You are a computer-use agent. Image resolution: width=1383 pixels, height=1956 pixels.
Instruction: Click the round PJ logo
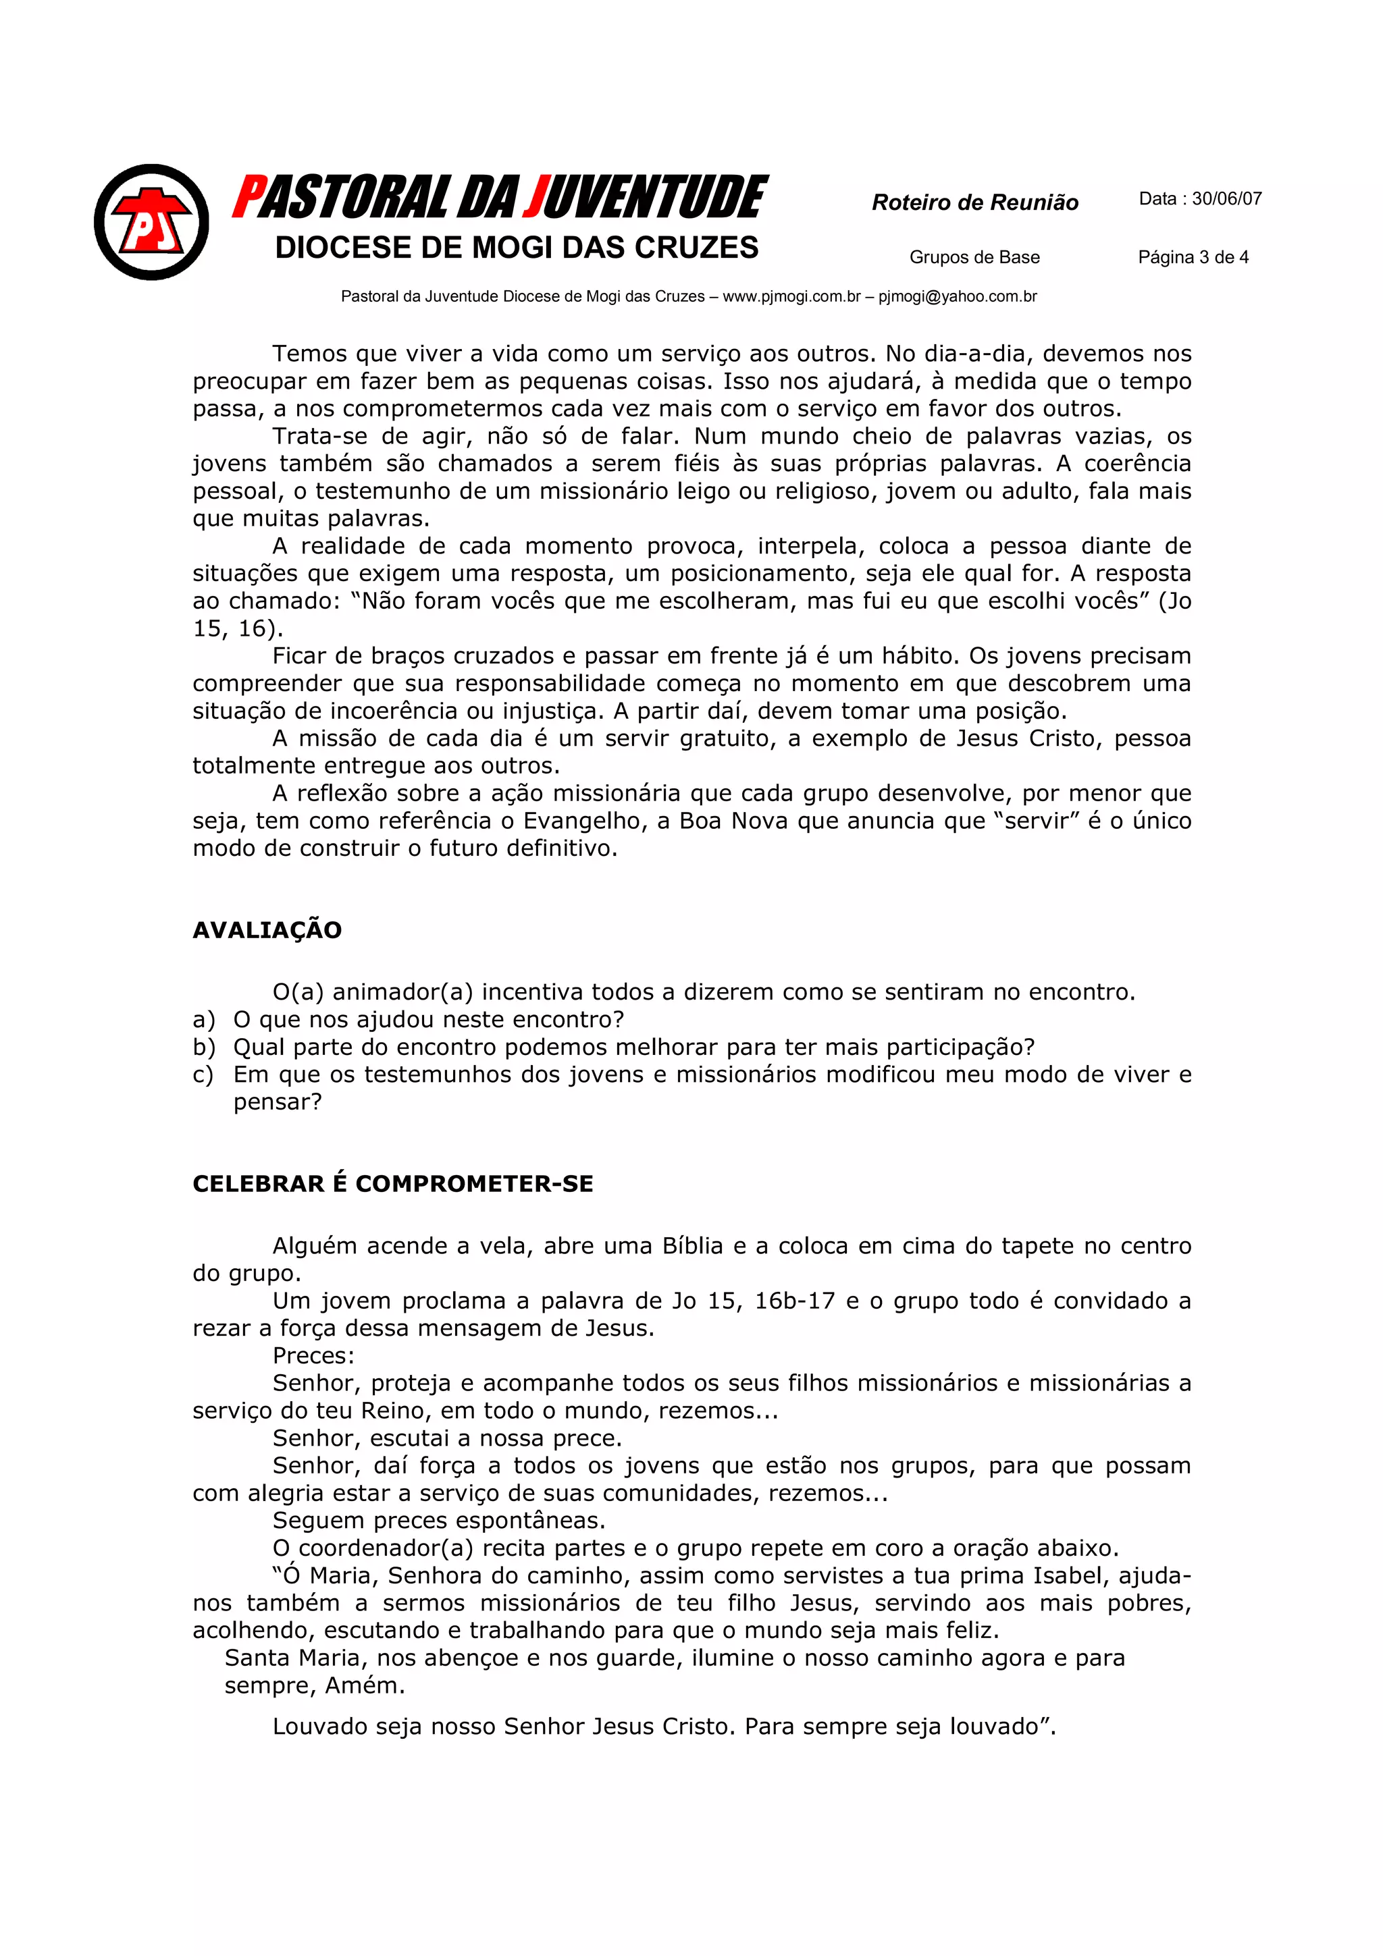pyautogui.click(x=152, y=222)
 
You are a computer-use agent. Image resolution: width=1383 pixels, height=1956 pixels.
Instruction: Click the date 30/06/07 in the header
pyautogui.click(x=1226, y=199)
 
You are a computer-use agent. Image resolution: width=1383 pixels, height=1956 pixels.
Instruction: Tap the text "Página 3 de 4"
pyautogui.click(x=1193, y=257)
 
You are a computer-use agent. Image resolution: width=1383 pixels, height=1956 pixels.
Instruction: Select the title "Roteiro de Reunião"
pyautogui.click(x=975, y=202)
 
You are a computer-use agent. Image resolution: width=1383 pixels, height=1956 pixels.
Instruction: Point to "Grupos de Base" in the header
pyautogui.click(x=974, y=257)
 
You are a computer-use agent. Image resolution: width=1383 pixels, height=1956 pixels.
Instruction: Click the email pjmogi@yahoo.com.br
pyautogui.click(x=957, y=296)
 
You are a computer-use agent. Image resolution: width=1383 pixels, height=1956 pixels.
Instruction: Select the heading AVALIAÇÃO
pyautogui.click(x=267, y=930)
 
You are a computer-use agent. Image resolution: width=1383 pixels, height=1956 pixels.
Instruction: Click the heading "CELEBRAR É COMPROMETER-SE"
pyautogui.click(x=393, y=1184)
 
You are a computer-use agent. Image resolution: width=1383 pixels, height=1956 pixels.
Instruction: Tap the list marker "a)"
pyautogui.click(x=204, y=1020)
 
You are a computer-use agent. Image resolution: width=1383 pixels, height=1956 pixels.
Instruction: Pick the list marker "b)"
pyautogui.click(x=204, y=1047)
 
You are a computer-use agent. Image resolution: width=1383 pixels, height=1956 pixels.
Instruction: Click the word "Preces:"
pyautogui.click(x=313, y=1355)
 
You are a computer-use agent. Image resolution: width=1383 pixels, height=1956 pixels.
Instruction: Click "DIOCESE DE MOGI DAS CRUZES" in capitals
pyautogui.click(x=517, y=248)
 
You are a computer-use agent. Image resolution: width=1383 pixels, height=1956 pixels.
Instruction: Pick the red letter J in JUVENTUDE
pyautogui.click(x=535, y=198)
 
